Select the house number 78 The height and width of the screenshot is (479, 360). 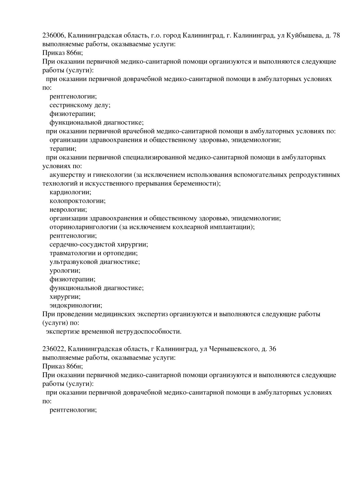[x=336, y=36]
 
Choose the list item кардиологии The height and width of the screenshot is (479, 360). [x=70, y=192]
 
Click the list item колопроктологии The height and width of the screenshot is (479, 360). [x=77, y=201]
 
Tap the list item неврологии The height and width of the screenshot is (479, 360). [x=68, y=210]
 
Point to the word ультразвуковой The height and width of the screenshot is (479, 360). [x=72, y=262]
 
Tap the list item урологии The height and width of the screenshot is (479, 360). [x=65, y=271]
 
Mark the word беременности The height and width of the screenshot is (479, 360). [x=194, y=184]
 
